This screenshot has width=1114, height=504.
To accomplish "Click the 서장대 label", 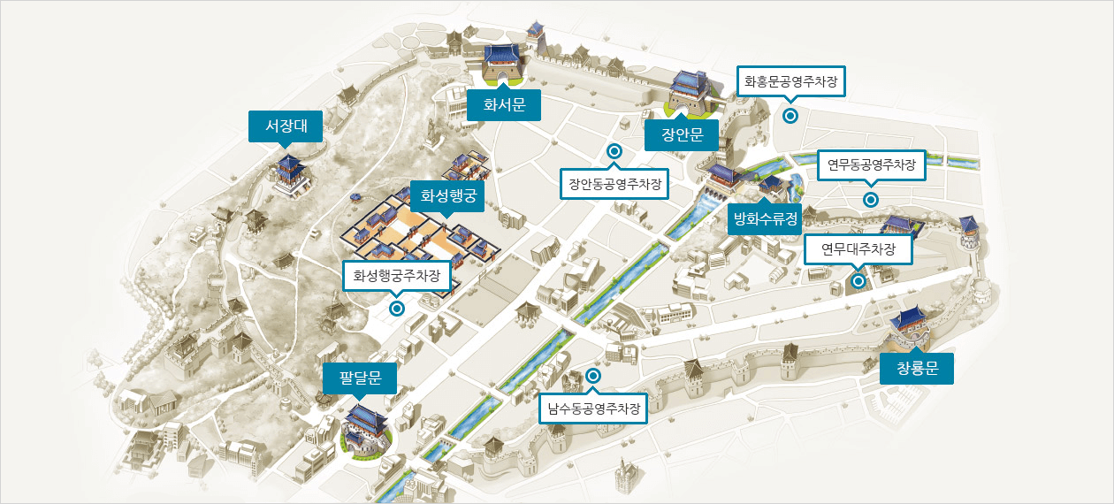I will [285, 126].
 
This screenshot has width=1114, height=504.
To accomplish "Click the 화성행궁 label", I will [448, 195].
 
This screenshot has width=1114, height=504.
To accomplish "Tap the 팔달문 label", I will [360, 379].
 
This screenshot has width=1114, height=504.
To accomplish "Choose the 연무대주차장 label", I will [858, 250].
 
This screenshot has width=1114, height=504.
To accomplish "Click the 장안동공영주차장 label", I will [614, 185].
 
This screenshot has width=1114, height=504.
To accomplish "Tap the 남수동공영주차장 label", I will [593, 409].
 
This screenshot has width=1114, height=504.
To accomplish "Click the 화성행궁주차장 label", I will [397, 275].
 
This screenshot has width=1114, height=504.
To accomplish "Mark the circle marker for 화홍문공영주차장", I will [790, 115].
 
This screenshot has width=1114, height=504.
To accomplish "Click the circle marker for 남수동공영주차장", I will [593, 376].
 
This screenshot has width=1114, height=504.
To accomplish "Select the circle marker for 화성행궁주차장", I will [397, 308].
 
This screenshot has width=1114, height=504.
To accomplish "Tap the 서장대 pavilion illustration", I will [290, 175].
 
